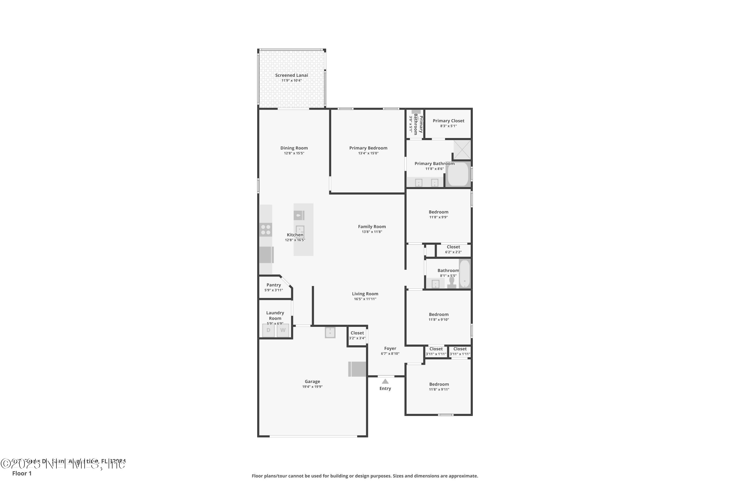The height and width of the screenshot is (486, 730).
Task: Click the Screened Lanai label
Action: click(292, 75)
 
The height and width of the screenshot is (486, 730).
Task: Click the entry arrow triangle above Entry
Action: click(385, 381)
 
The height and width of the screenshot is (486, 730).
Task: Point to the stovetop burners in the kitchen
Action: click(266, 230)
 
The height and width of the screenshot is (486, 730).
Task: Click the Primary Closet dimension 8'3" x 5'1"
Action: click(448, 126)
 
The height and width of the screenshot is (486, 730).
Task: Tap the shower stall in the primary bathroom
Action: click(462, 150)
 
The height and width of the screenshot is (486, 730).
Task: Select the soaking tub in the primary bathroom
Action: click(458, 174)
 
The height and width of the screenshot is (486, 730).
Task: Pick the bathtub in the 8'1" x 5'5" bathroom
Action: click(465, 274)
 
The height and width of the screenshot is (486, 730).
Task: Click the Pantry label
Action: click(274, 285)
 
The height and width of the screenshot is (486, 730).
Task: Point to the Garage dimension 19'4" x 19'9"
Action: click(312, 387)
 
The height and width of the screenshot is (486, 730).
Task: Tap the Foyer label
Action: click(390, 348)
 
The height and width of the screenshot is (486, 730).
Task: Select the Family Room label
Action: click(372, 226)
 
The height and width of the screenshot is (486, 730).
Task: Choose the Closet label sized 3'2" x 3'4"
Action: click(357, 333)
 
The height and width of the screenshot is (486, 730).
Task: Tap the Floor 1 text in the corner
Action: click(22, 473)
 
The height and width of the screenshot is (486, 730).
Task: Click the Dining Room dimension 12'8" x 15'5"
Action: click(294, 153)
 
